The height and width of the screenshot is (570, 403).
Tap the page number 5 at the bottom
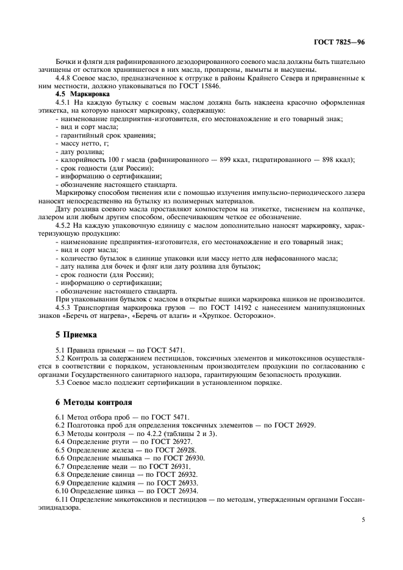click(x=363, y=521)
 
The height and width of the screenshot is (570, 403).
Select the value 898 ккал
click(x=337, y=160)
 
